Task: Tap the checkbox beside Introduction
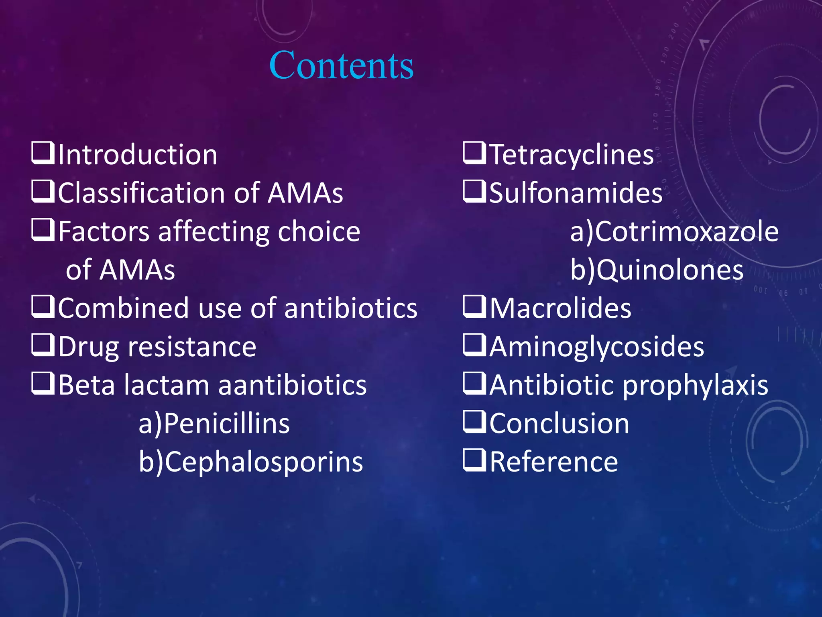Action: (x=43, y=153)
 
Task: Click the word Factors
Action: (x=104, y=231)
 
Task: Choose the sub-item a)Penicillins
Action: (x=214, y=423)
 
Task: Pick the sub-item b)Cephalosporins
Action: (x=251, y=462)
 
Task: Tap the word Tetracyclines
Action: (x=572, y=155)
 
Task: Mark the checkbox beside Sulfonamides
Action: (x=474, y=192)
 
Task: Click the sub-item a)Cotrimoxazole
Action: (x=674, y=231)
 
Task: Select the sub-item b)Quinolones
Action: (x=657, y=270)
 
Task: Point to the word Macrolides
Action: (x=560, y=308)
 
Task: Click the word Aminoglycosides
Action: (x=597, y=347)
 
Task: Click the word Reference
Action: (x=554, y=462)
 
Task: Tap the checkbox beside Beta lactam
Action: (x=43, y=384)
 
